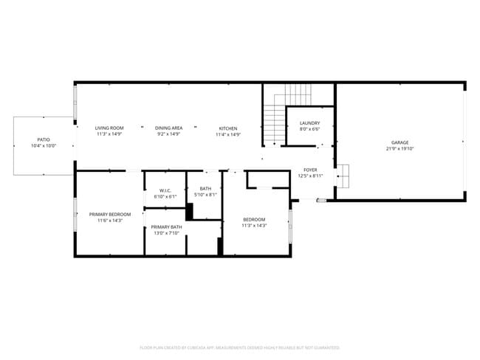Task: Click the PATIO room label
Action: click(x=44, y=139)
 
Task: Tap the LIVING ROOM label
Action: click(x=109, y=128)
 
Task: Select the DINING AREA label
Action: click(x=168, y=128)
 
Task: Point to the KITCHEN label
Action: click(x=227, y=128)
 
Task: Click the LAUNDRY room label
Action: click(x=309, y=123)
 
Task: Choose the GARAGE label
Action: click(x=400, y=142)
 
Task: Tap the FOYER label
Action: click(x=310, y=170)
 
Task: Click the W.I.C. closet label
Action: click(x=164, y=190)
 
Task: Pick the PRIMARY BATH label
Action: click(x=167, y=227)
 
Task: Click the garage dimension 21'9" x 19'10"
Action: click(x=400, y=148)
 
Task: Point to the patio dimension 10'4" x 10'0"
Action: click(x=44, y=145)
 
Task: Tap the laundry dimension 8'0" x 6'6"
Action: click(x=309, y=129)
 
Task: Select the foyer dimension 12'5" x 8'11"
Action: click(x=310, y=176)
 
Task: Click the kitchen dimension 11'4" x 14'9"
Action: click(x=227, y=134)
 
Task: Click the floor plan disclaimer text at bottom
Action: click(x=240, y=347)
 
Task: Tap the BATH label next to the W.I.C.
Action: click(x=205, y=189)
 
